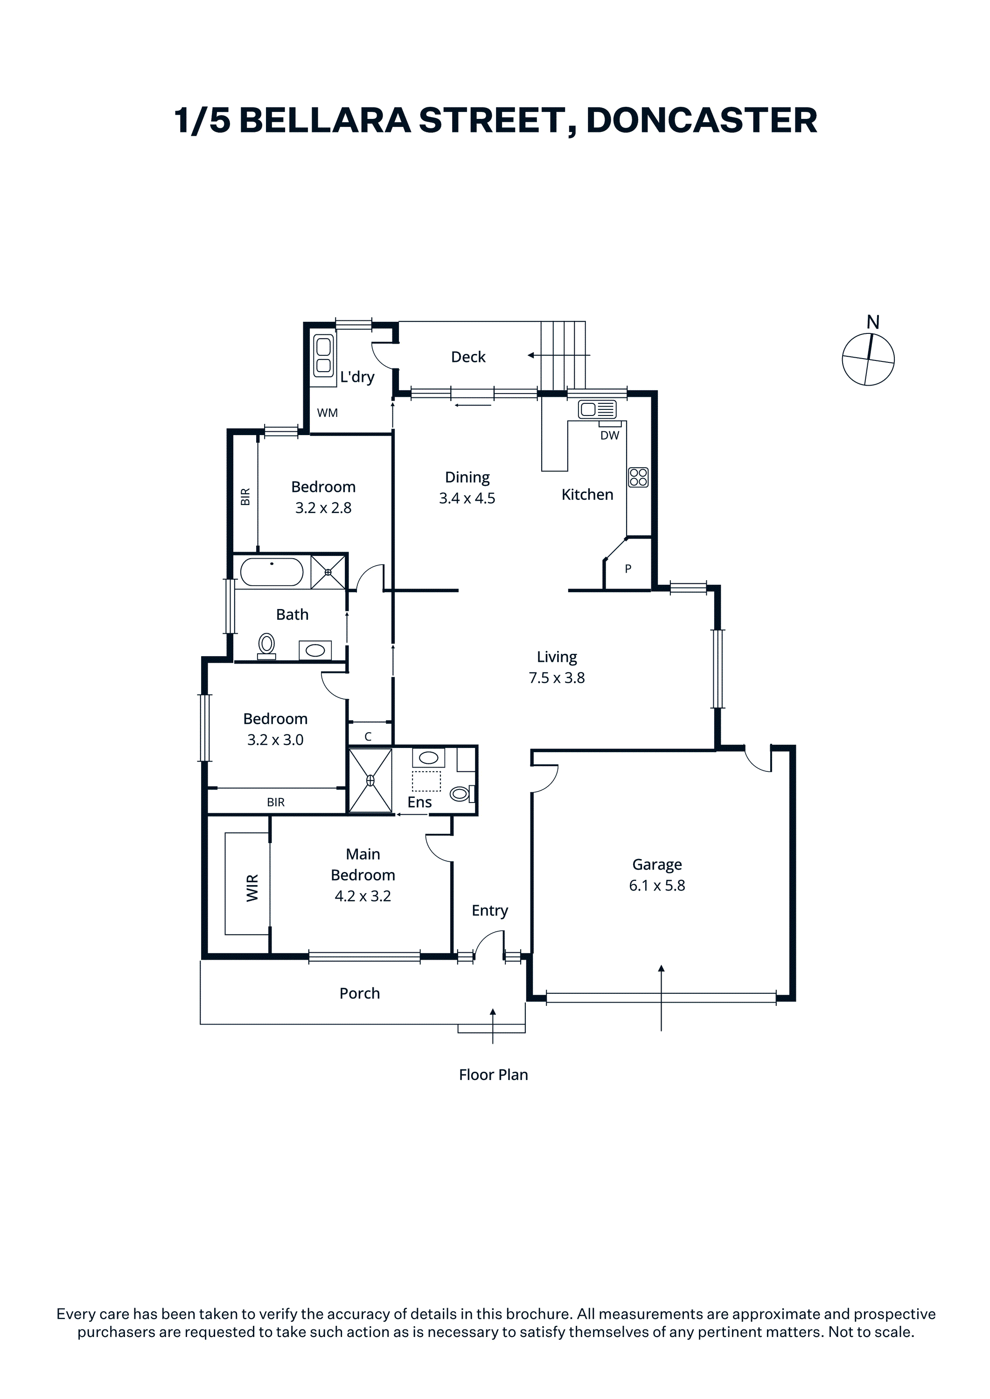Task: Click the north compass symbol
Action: click(x=868, y=359)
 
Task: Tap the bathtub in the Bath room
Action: click(x=272, y=572)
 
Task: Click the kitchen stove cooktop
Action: click(x=638, y=477)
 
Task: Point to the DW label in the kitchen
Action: click(x=610, y=435)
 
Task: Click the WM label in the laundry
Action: click(x=328, y=413)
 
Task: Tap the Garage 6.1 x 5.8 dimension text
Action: click(x=657, y=886)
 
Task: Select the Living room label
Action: click(x=557, y=657)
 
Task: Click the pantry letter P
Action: click(x=628, y=569)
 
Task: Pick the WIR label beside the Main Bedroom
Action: click(x=252, y=888)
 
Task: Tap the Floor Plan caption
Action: click(x=493, y=1075)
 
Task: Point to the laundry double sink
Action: click(x=324, y=355)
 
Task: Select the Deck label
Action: click(x=468, y=357)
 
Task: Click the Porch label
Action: click(x=360, y=993)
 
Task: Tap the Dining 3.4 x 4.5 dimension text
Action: click(x=467, y=499)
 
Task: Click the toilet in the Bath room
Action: click(x=266, y=645)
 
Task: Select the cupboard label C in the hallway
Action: click(x=368, y=737)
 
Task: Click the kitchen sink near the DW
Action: click(x=598, y=409)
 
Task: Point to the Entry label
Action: click(x=489, y=910)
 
